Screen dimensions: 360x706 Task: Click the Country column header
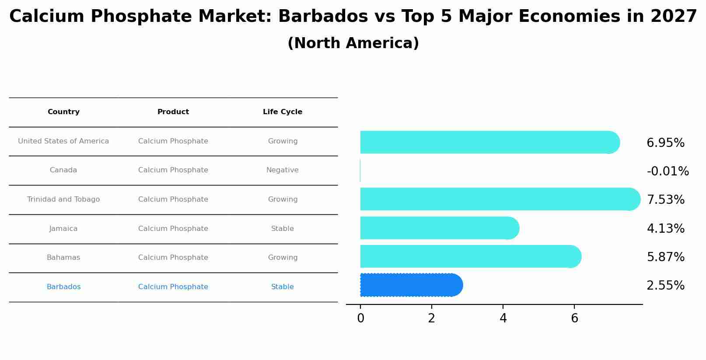(63, 112)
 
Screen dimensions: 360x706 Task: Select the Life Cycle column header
(283, 112)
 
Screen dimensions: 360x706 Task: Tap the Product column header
(173, 112)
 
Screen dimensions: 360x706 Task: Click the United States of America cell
(63, 141)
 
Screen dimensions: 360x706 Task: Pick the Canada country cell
(63, 170)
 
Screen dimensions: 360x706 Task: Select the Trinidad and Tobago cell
(63, 199)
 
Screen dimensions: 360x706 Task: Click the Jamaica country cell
(63, 229)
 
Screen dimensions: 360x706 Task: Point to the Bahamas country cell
(63, 258)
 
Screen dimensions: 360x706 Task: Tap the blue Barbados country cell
(63, 287)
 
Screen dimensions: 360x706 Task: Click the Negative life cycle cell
(283, 170)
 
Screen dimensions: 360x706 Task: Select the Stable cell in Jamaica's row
(283, 229)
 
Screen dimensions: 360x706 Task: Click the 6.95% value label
(665, 143)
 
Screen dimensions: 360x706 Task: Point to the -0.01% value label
(668, 171)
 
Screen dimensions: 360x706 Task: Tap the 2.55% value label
(665, 286)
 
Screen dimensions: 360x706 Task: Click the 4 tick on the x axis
(503, 318)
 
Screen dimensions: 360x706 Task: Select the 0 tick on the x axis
(360, 318)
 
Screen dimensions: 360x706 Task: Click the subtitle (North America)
(353, 43)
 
